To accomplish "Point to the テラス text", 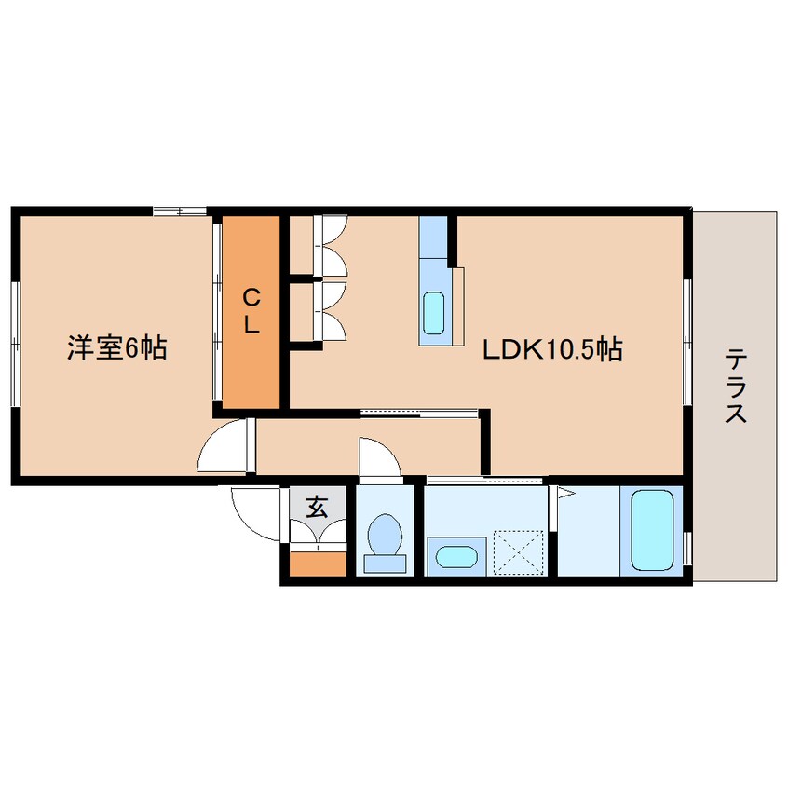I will [736, 385].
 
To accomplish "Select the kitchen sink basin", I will [434, 312].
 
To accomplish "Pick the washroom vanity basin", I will [455, 557].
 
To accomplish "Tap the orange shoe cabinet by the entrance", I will [317, 564].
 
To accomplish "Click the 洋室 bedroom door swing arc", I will [224, 447].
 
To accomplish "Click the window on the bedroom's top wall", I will [180, 211].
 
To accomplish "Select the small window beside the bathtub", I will [687, 550].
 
